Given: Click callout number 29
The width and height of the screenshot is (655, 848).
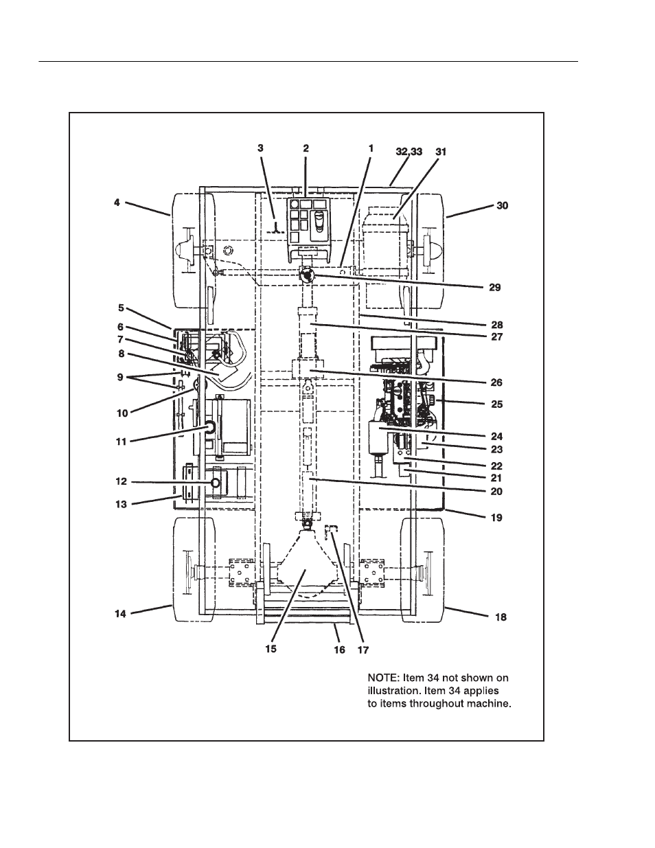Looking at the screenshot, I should tap(495, 288).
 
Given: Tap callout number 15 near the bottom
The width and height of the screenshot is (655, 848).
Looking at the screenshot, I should tap(271, 648).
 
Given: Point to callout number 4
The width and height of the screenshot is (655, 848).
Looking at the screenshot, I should tap(117, 203).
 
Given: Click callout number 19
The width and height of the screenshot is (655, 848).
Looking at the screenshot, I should tap(495, 517).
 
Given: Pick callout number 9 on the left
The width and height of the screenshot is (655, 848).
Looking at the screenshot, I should tap(121, 377).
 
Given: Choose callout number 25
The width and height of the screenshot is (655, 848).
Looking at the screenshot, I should tap(496, 404).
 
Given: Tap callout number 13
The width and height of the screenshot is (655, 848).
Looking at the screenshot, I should tap(121, 504).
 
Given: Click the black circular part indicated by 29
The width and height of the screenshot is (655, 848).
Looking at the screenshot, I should tap(306, 275).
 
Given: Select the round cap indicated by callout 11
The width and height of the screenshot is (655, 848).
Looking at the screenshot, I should tap(209, 428).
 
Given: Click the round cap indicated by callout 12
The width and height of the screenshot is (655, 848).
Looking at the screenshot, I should tap(216, 483).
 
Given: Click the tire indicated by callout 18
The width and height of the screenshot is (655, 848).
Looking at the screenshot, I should tap(424, 570).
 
